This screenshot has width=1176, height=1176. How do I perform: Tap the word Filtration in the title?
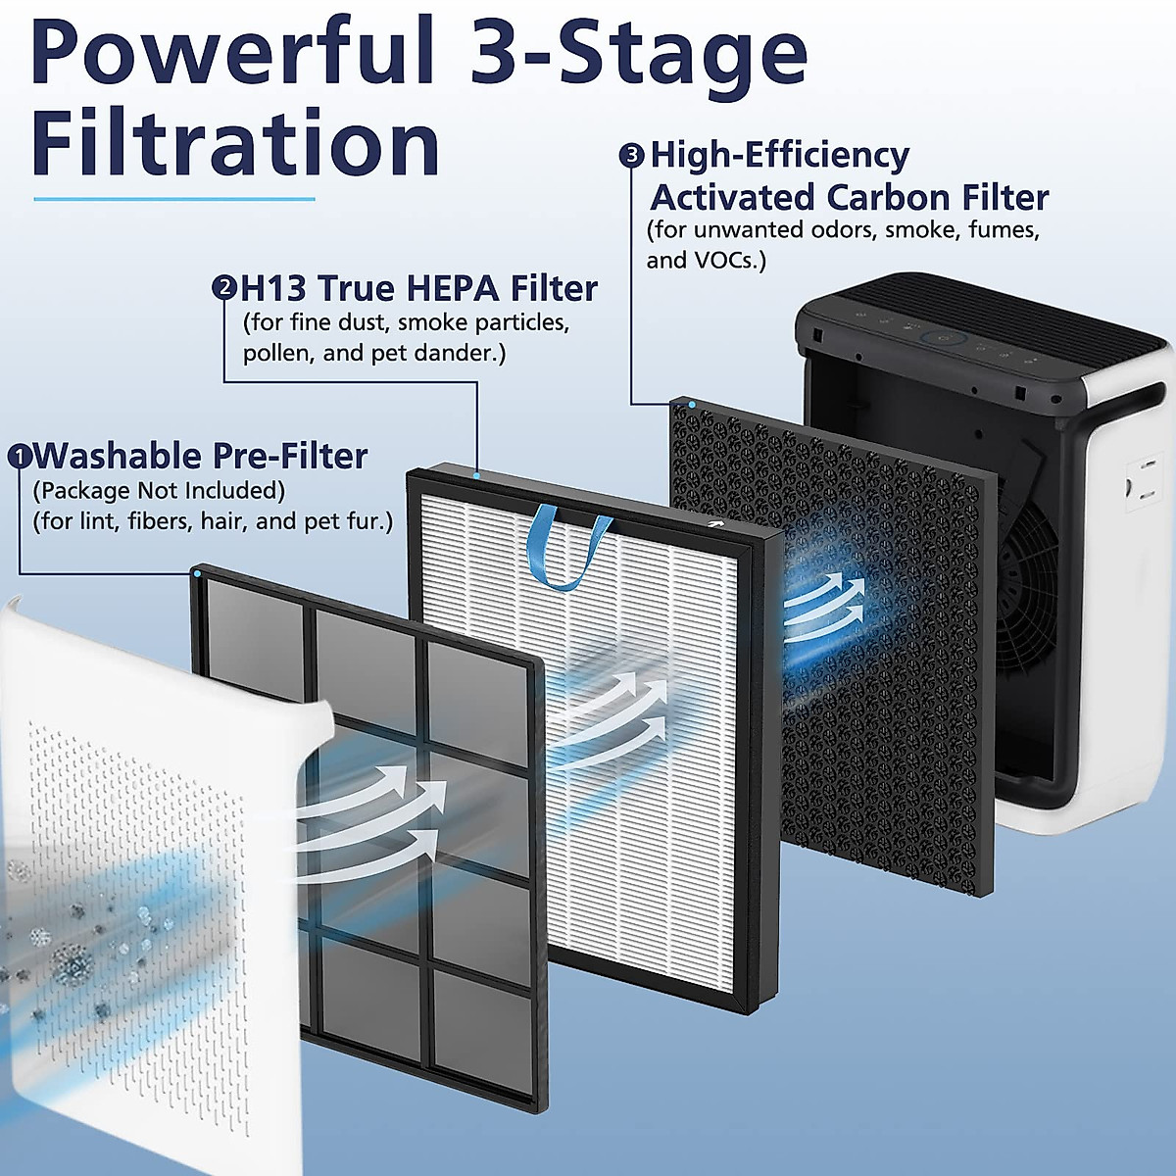tap(235, 144)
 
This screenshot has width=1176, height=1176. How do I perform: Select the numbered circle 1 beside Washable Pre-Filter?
tap(20, 457)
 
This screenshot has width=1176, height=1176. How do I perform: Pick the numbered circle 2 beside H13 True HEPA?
tap(224, 288)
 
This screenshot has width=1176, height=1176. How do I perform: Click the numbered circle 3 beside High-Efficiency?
tap(632, 155)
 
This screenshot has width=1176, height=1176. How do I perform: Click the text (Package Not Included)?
tap(159, 490)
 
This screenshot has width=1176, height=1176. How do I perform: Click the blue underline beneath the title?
tap(174, 199)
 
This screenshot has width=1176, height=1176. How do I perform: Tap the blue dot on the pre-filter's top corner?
tap(198, 573)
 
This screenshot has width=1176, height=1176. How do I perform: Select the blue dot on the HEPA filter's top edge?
tap(477, 475)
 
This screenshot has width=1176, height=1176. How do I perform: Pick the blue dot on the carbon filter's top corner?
tap(692, 404)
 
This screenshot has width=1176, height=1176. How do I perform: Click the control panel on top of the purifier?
tap(941, 339)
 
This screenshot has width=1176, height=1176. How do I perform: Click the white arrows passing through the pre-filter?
tap(372, 813)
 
